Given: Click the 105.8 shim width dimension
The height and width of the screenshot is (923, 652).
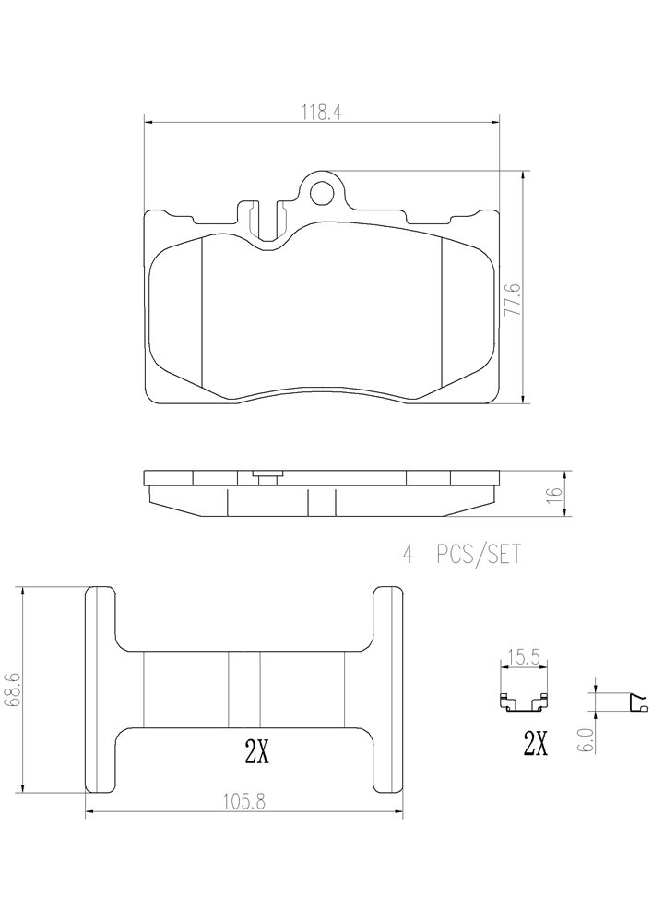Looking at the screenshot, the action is (x=244, y=801).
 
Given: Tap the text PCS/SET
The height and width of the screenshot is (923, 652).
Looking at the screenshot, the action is (x=478, y=555).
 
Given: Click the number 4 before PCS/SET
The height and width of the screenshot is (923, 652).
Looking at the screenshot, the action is (x=408, y=555).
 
